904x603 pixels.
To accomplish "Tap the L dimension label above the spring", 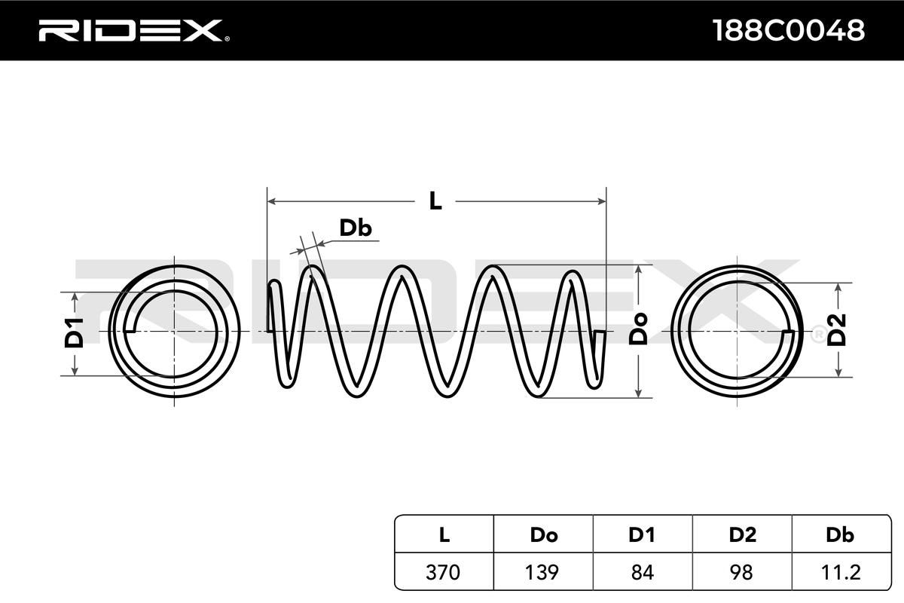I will point(435,201).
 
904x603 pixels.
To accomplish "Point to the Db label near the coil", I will point(355,228).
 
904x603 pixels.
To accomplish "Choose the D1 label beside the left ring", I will point(73,332).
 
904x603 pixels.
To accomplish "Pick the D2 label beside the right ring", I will point(837,330).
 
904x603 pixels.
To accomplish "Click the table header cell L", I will point(444,535).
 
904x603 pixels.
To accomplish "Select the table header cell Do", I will point(543,535).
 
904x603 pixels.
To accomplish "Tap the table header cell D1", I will point(642,535).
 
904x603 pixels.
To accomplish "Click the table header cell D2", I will point(742,535).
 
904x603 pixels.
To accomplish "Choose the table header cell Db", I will point(840,535).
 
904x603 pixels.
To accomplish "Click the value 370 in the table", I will point(444,572).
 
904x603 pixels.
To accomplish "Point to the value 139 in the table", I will point(543,572).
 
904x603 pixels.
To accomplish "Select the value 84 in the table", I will point(642,572).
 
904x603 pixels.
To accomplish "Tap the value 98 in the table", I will point(742,572).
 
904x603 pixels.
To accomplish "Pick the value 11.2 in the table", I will point(840,572).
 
